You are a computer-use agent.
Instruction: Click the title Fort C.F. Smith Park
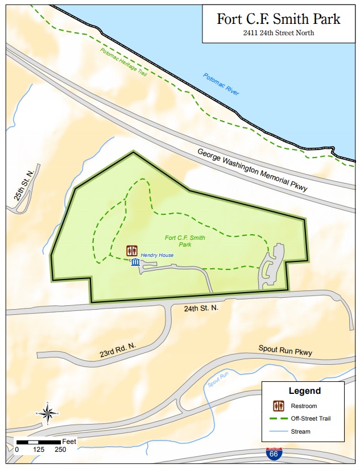(x=279, y=18)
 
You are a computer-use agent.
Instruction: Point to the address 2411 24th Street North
(x=279, y=33)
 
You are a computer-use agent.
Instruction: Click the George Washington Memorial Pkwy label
(x=252, y=170)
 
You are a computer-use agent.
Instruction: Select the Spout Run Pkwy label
(x=285, y=350)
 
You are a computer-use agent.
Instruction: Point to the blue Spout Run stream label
(x=217, y=379)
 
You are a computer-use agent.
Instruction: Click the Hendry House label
(x=158, y=255)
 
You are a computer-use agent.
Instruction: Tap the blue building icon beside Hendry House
(x=135, y=262)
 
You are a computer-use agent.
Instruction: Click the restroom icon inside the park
(x=131, y=251)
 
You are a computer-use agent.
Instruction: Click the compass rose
(x=48, y=413)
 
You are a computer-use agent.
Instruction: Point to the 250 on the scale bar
(x=60, y=449)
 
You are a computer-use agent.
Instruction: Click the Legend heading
(x=304, y=391)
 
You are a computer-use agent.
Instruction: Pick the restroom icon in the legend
(x=278, y=406)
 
